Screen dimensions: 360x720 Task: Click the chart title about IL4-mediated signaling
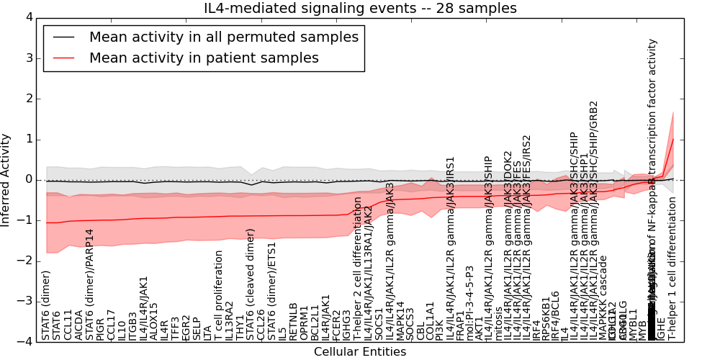tap(361, 9)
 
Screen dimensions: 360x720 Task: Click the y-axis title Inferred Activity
tap(6, 179)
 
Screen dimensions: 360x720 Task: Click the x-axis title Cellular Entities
tap(360, 352)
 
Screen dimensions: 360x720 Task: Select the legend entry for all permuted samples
tap(223, 37)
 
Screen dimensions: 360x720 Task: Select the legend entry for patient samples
tap(204, 58)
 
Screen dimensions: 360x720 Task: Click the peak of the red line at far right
tap(673, 139)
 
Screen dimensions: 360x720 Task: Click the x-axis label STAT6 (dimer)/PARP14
tap(90, 285)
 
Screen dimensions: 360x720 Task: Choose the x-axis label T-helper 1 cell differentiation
tap(672, 277)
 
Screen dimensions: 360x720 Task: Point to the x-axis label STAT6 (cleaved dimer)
tap(251, 284)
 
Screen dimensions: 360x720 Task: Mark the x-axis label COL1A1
tap(431, 320)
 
